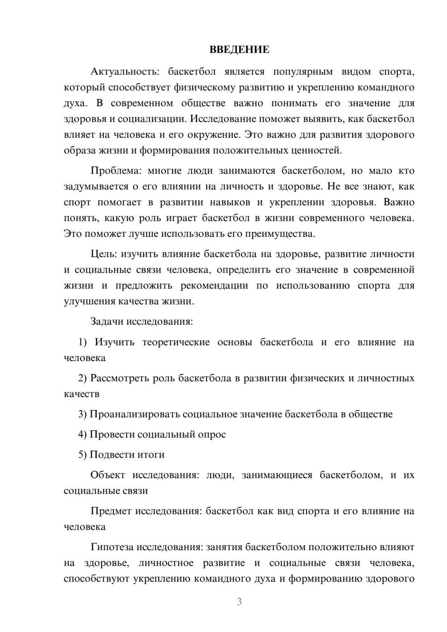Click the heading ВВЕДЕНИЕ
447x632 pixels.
pos(240,50)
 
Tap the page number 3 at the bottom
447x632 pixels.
pos(239,602)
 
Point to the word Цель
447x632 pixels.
pos(103,254)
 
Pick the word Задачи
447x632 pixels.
pos(107,321)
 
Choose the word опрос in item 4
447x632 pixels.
pos(211,434)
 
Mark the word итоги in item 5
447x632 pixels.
pos(152,455)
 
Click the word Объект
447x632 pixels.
pos(108,475)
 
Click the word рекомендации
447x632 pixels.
pos(214,286)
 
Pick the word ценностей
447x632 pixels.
pos(320,151)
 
